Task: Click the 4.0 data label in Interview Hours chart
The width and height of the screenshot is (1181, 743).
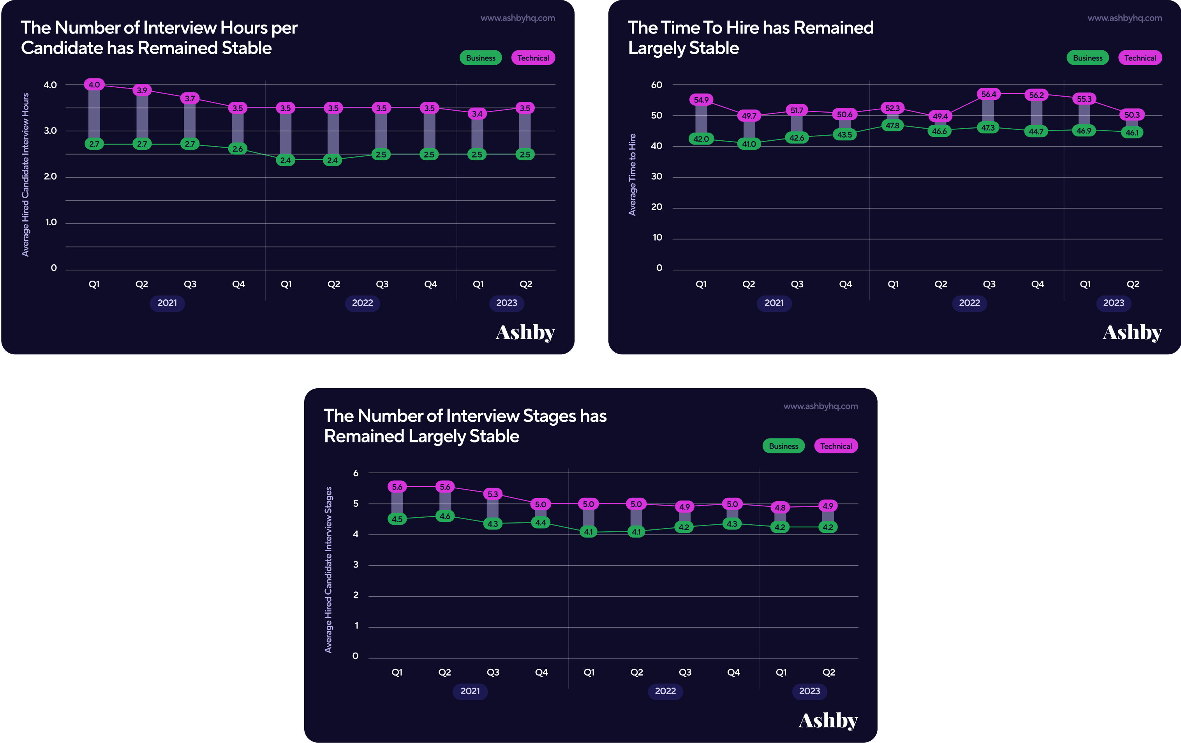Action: (x=94, y=85)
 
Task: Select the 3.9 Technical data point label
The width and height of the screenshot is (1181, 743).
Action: (x=142, y=90)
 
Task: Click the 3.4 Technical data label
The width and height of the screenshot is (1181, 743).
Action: (x=477, y=114)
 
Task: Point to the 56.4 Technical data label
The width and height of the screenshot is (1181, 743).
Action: (x=988, y=94)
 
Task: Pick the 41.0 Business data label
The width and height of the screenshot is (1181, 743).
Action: (x=749, y=144)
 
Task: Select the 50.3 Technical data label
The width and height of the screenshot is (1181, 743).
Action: (x=1132, y=115)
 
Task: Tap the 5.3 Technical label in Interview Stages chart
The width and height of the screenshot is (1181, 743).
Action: (x=492, y=494)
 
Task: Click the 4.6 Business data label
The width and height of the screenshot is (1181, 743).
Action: (x=445, y=516)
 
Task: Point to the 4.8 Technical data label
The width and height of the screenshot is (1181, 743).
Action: (x=780, y=508)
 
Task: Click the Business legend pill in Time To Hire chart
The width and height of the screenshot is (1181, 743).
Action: (x=1088, y=58)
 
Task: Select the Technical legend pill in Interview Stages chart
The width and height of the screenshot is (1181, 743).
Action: (x=836, y=446)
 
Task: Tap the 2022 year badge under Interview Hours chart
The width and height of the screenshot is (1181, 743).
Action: (x=363, y=303)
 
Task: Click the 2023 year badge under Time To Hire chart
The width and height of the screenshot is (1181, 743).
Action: (x=1113, y=303)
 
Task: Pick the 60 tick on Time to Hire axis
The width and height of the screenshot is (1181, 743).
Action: (x=656, y=85)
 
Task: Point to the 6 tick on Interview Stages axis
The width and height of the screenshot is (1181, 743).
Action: (x=356, y=473)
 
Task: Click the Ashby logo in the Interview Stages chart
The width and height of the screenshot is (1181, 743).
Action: (x=828, y=720)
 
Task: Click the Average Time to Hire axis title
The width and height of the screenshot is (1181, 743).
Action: (x=632, y=175)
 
